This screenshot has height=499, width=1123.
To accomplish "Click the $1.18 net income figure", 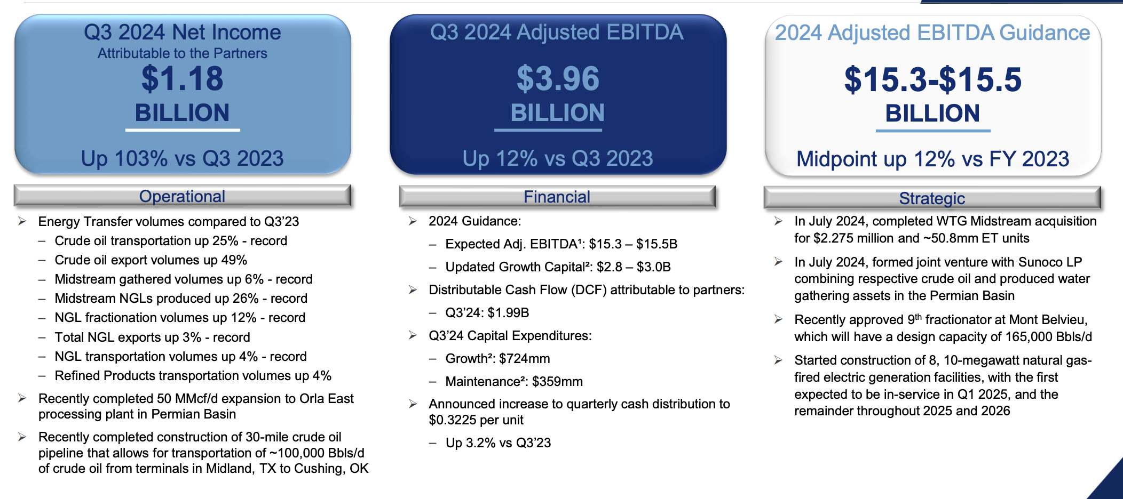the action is pos(182,78).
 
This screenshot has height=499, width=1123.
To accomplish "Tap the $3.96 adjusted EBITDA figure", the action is pos(558,78).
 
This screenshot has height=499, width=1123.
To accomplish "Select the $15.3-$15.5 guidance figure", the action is pos(932,79).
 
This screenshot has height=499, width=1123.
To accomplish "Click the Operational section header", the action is pos(182,196).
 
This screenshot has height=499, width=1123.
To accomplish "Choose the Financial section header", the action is pos(557,197).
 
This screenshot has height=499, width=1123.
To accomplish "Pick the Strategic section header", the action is pos(932,198).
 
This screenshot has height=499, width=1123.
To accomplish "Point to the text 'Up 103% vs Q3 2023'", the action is pos(182,158).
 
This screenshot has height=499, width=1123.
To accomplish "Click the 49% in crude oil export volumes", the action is pos(234,260).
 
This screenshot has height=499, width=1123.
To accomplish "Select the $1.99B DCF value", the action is pos(508,313).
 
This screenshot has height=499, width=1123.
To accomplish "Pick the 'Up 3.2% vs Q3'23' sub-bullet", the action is pos(498,443).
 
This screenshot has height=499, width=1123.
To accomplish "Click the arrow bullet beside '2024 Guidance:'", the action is pos(413,221).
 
